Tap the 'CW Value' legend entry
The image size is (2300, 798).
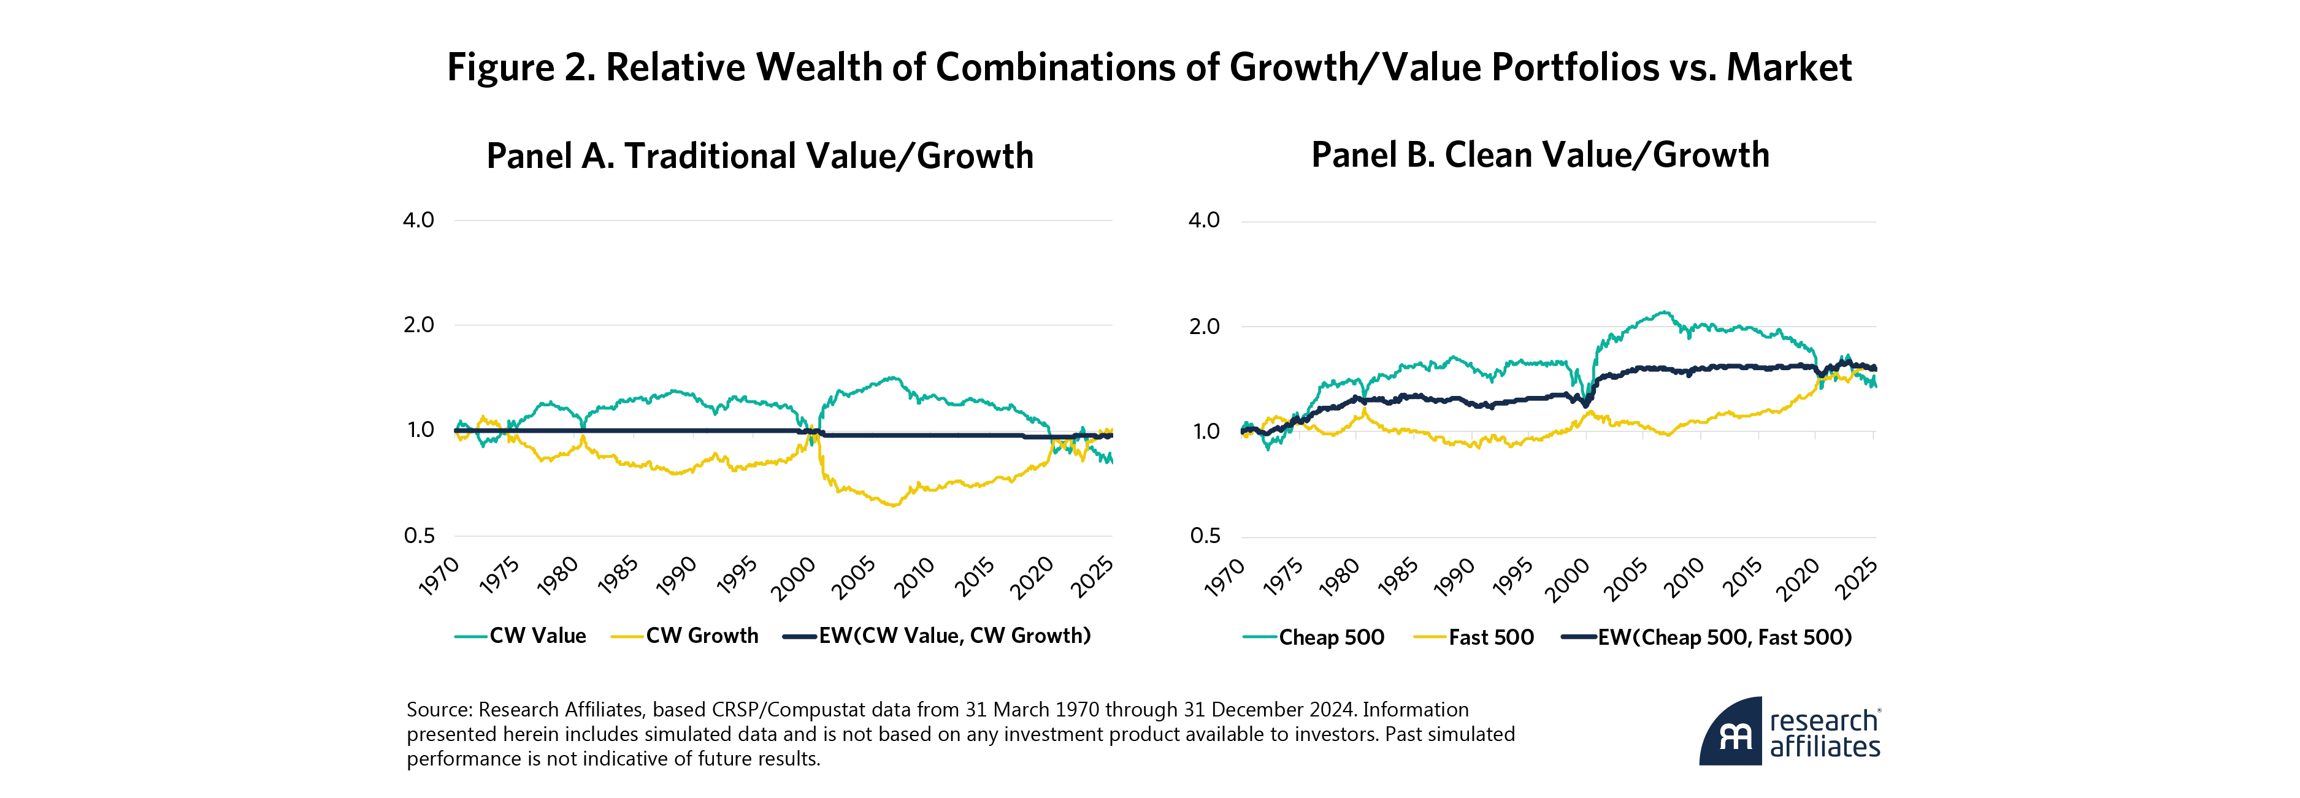pos(537,636)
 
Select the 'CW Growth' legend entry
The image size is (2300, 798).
pos(701,636)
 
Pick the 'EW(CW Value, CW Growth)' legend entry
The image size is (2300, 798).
pos(954,636)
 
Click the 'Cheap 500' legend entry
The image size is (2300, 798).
pos(1330,637)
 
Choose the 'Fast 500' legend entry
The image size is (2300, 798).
pos(1490,637)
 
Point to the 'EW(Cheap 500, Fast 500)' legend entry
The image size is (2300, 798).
pos(1723,637)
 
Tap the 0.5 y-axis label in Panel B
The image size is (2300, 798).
pos(1205,536)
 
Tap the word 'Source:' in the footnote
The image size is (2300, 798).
pos(439,710)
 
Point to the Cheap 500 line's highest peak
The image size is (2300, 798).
pos(1663,313)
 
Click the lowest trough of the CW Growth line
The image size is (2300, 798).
pos(893,506)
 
